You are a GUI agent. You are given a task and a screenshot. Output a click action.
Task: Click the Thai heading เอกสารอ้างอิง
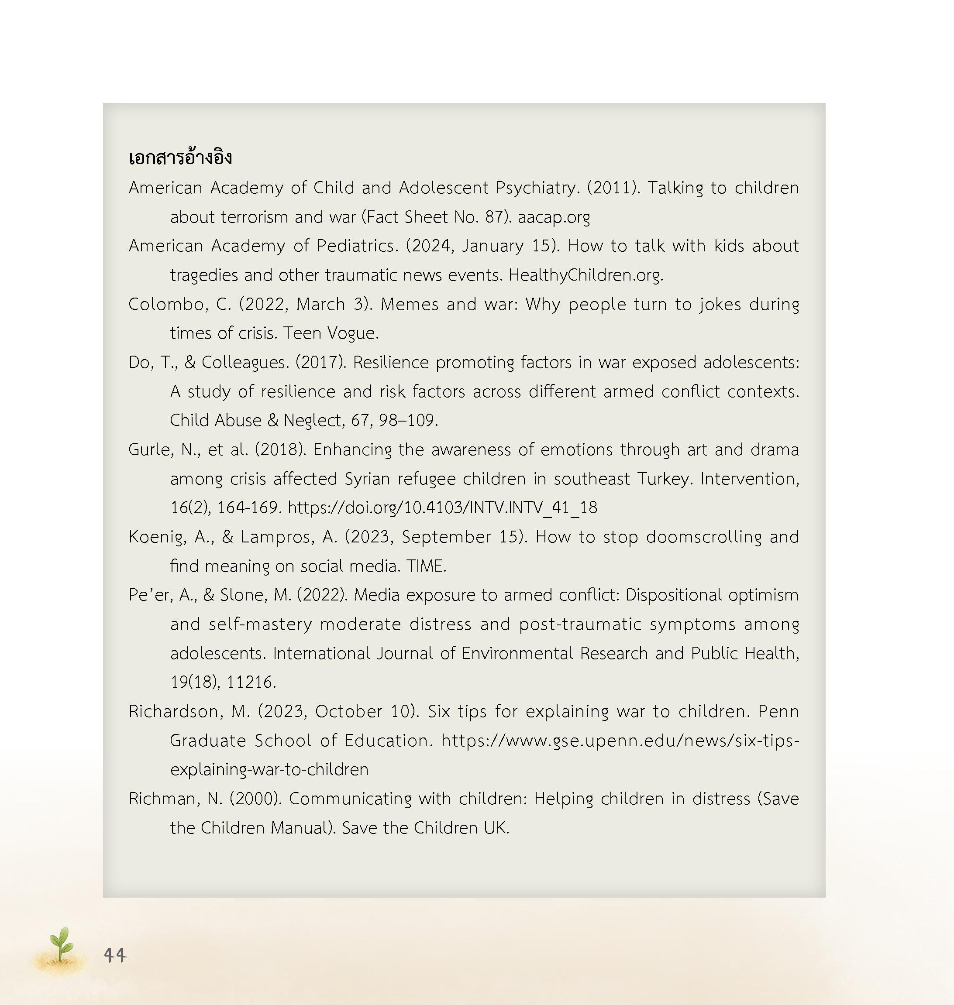180,158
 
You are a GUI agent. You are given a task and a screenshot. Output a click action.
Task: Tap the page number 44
115,955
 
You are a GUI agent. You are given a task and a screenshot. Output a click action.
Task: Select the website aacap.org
554,217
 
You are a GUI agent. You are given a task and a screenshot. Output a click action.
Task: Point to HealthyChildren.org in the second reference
585,275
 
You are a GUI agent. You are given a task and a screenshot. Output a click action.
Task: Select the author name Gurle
151,450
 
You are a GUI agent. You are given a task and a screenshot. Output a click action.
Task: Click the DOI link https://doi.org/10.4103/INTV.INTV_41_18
442,508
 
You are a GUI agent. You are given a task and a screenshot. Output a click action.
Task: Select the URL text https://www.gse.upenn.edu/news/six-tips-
620,741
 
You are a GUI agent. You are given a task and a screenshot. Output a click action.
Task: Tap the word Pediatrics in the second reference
356,246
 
